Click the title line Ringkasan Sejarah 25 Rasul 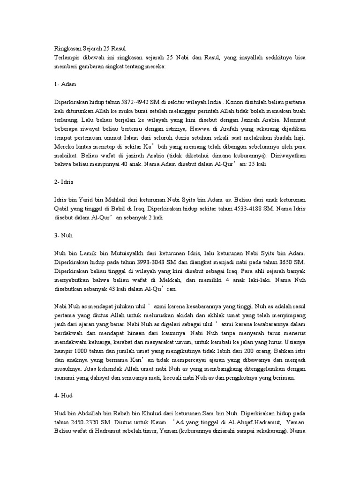tap(88, 48)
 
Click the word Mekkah tap(171, 280)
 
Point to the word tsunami tap(65, 378)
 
